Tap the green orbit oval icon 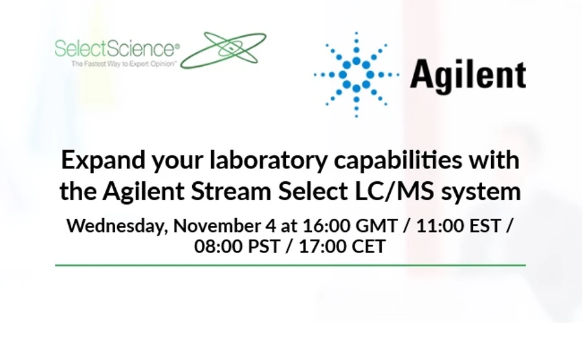point(223,50)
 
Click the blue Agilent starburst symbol point(356,74)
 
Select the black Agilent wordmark point(468,74)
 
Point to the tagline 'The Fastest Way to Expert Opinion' point(124,64)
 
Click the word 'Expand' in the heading point(103,159)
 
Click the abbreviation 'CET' point(369,247)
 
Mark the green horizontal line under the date point(291,265)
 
